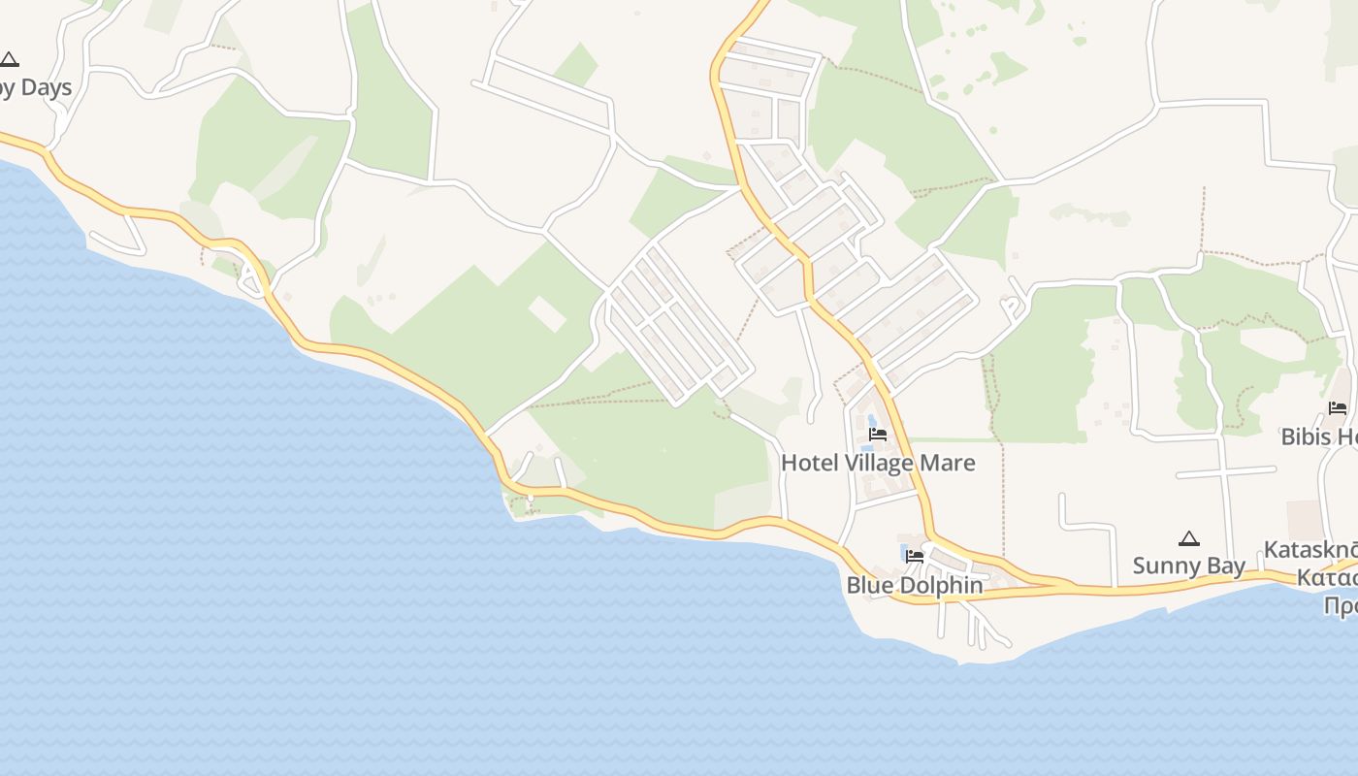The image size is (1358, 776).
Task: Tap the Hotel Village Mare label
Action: [x=878, y=463]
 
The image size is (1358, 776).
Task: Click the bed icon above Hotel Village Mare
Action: [x=878, y=435]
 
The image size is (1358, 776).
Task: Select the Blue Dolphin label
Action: [x=914, y=585]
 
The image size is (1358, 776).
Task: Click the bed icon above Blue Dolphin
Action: [x=915, y=557]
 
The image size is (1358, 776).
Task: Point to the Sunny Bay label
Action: [x=1188, y=566]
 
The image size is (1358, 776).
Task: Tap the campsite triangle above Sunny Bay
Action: [x=1189, y=539]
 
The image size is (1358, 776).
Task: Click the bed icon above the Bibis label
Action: [x=1338, y=408]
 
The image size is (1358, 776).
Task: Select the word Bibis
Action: [x=1306, y=436]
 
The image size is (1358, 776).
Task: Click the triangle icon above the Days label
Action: [x=9, y=60]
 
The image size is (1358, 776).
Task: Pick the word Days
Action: [x=46, y=87]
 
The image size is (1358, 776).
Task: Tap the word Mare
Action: [x=948, y=463]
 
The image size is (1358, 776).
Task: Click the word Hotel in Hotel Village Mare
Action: [x=808, y=463]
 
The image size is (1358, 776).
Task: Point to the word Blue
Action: [x=868, y=585]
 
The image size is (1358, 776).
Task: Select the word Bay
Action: [x=1225, y=566]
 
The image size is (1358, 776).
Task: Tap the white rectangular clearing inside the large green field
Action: [x=547, y=313]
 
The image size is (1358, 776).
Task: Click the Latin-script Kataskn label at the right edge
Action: [x=1309, y=550]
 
